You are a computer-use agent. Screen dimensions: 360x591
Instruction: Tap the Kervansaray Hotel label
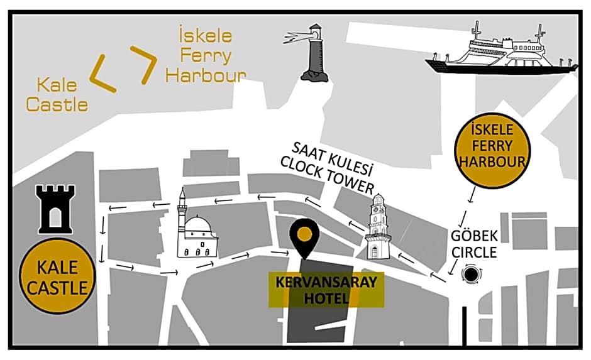coord(326,290)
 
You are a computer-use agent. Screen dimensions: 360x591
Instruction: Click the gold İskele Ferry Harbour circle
coord(492,151)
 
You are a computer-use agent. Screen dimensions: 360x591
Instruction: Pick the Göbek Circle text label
coord(473,244)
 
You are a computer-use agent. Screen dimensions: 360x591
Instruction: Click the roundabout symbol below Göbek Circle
coord(472,274)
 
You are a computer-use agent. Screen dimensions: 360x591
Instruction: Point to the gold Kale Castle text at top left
coord(57,94)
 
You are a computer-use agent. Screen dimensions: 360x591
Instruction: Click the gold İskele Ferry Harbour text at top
coord(205,56)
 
